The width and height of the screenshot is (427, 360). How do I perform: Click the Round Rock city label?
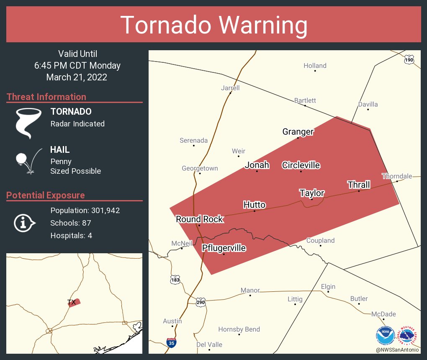pyautogui.click(x=199, y=219)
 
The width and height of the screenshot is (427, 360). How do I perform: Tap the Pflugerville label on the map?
pyautogui.click(x=224, y=248)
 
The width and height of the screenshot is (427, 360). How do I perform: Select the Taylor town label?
pyautogui.click(x=312, y=193)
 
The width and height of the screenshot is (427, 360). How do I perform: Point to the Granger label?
pyautogui.click(x=298, y=132)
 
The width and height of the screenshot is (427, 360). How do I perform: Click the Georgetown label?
pyautogui.click(x=200, y=168)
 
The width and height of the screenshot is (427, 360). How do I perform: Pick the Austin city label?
pyautogui.click(x=172, y=321)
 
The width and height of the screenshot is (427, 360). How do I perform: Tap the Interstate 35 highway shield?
pyautogui.click(x=171, y=342)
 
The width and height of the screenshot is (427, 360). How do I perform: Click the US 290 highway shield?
pyautogui.click(x=201, y=301)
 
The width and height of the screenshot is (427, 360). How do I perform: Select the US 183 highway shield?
pyautogui.click(x=175, y=279)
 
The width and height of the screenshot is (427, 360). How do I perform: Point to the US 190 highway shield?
pyautogui.click(x=409, y=60)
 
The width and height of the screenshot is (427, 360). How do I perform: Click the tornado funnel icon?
pyautogui.click(x=28, y=123)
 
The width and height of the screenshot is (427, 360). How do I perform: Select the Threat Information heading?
pyautogui.click(x=46, y=97)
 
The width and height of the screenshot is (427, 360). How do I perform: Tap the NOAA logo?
pyautogui.click(x=385, y=335)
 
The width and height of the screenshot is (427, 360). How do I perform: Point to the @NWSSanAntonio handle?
pyautogui.click(x=398, y=350)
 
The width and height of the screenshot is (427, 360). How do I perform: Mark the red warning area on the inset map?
pyautogui.click(x=75, y=303)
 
